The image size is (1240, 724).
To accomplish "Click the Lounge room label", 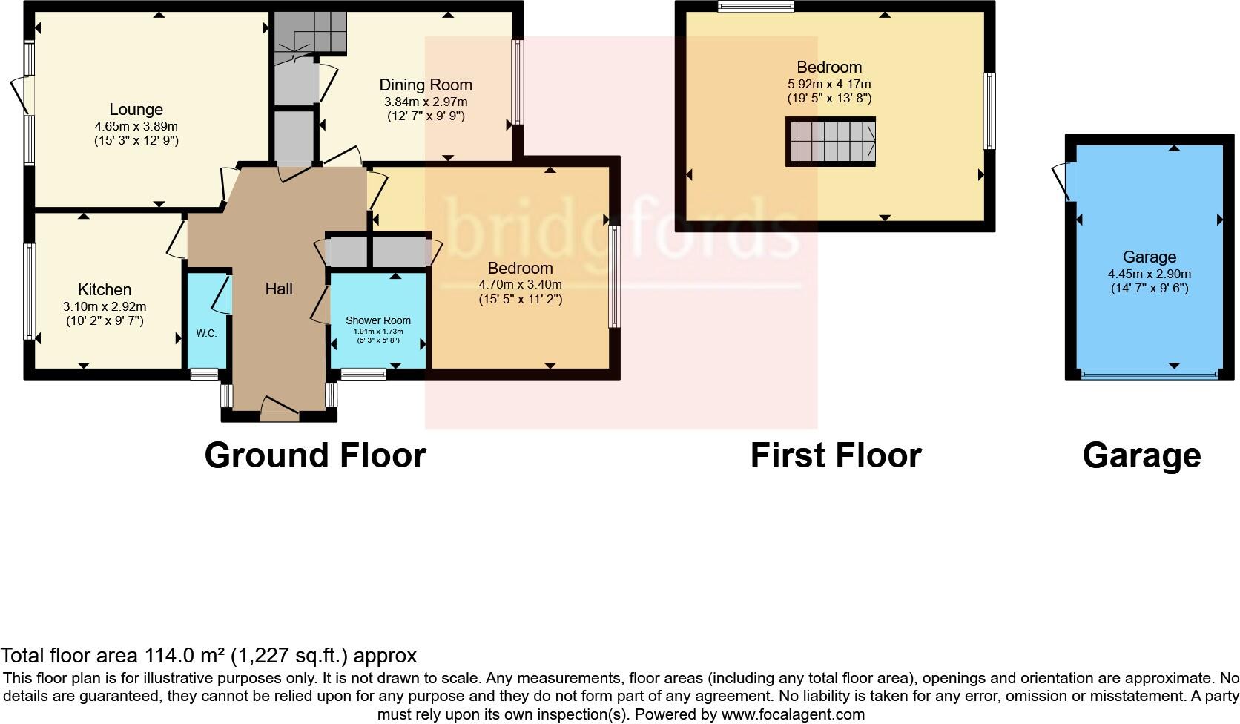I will (136, 110).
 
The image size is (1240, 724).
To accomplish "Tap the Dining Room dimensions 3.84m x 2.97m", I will (426, 102).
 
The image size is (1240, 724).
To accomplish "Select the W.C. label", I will (207, 333).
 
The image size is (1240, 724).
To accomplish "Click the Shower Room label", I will (378, 320).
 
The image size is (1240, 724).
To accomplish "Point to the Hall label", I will (279, 289).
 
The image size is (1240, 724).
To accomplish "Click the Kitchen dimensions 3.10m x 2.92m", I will (105, 306).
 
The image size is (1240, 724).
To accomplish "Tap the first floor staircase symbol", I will (831, 142).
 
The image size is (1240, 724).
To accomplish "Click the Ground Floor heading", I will (315, 455).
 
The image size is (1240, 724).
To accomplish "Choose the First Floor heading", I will (836, 455).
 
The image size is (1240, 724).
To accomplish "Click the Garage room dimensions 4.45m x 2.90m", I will (1150, 274).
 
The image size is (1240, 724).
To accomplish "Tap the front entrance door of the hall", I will (279, 407).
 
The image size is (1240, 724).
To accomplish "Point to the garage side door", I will (1062, 182).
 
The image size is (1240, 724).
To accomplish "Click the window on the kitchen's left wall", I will (30, 292).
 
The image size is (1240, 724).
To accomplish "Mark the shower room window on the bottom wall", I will (363, 375).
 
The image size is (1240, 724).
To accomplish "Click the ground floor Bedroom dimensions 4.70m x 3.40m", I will (521, 284).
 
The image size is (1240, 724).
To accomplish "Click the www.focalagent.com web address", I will (792, 715).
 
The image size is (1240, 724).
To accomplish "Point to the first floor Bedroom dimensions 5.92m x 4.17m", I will (829, 83).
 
